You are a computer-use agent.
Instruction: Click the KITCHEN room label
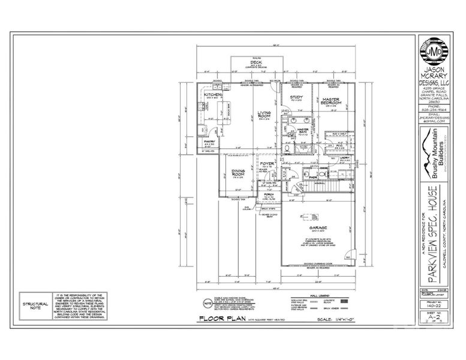point(213,95)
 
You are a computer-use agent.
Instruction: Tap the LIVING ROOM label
point(265,114)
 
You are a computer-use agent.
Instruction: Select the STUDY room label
point(296,97)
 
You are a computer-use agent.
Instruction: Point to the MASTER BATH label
point(303,130)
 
